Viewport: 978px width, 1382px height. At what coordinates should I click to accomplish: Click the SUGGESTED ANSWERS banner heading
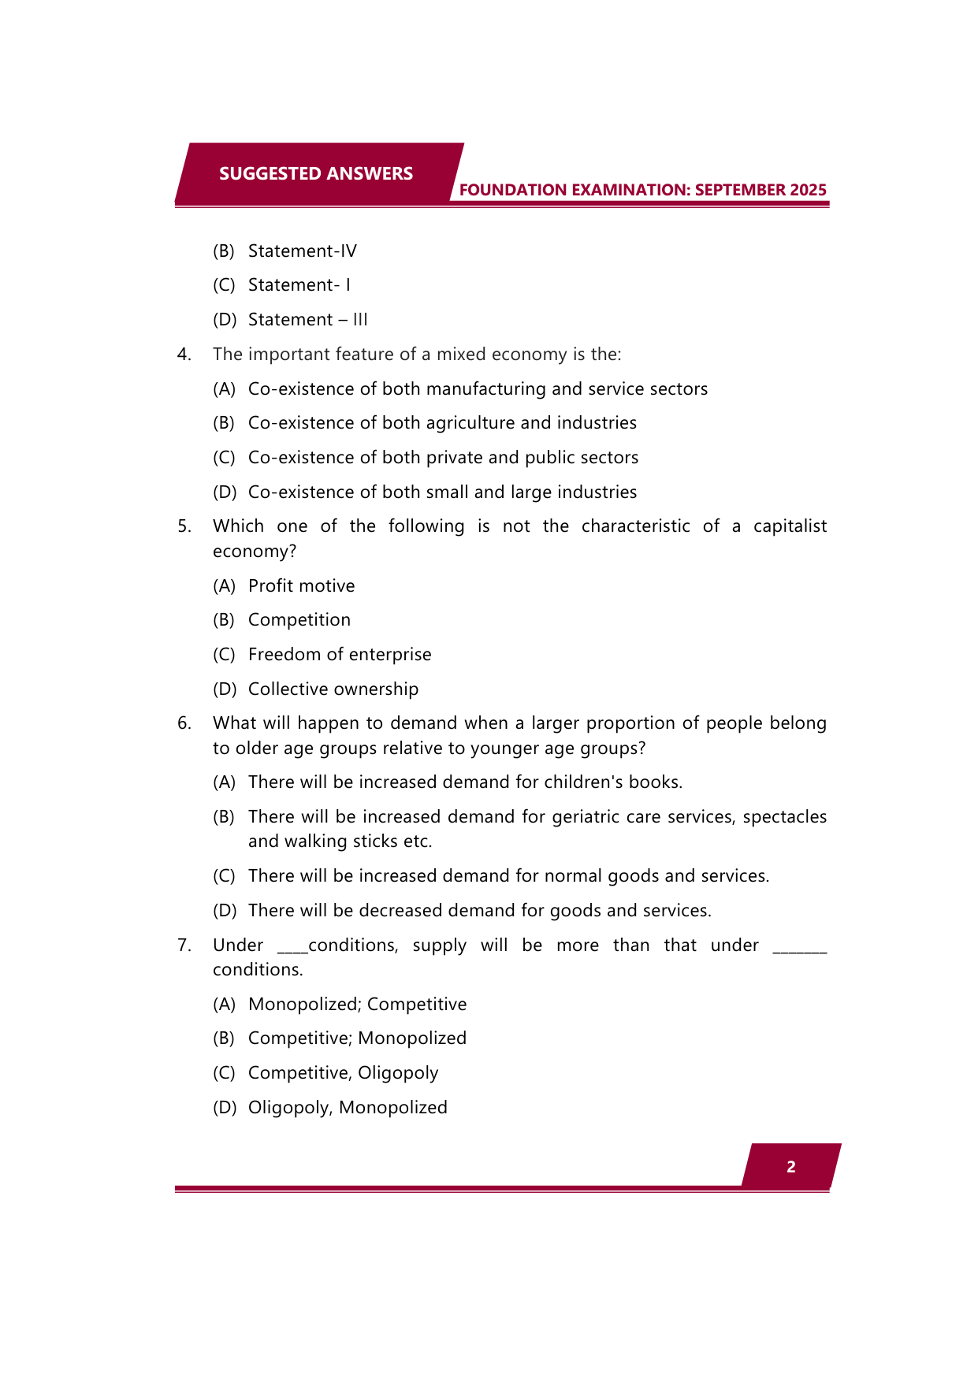point(315,173)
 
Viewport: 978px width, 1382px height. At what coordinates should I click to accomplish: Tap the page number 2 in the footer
point(790,1167)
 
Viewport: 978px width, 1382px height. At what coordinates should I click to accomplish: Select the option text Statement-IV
point(302,251)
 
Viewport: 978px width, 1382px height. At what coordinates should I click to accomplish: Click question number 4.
point(184,355)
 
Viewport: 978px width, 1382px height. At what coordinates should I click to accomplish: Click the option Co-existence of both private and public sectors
point(443,458)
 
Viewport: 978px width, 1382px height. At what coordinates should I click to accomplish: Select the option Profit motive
point(301,586)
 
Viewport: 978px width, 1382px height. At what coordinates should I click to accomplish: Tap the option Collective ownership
point(333,689)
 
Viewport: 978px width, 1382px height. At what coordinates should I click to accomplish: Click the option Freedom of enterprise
point(340,655)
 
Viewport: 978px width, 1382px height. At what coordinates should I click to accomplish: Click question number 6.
point(184,723)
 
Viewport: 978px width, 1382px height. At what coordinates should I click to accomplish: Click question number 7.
point(184,945)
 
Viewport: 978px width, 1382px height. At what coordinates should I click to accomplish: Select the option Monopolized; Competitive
point(357,1005)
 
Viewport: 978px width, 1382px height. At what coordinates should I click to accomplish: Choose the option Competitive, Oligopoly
point(343,1073)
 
